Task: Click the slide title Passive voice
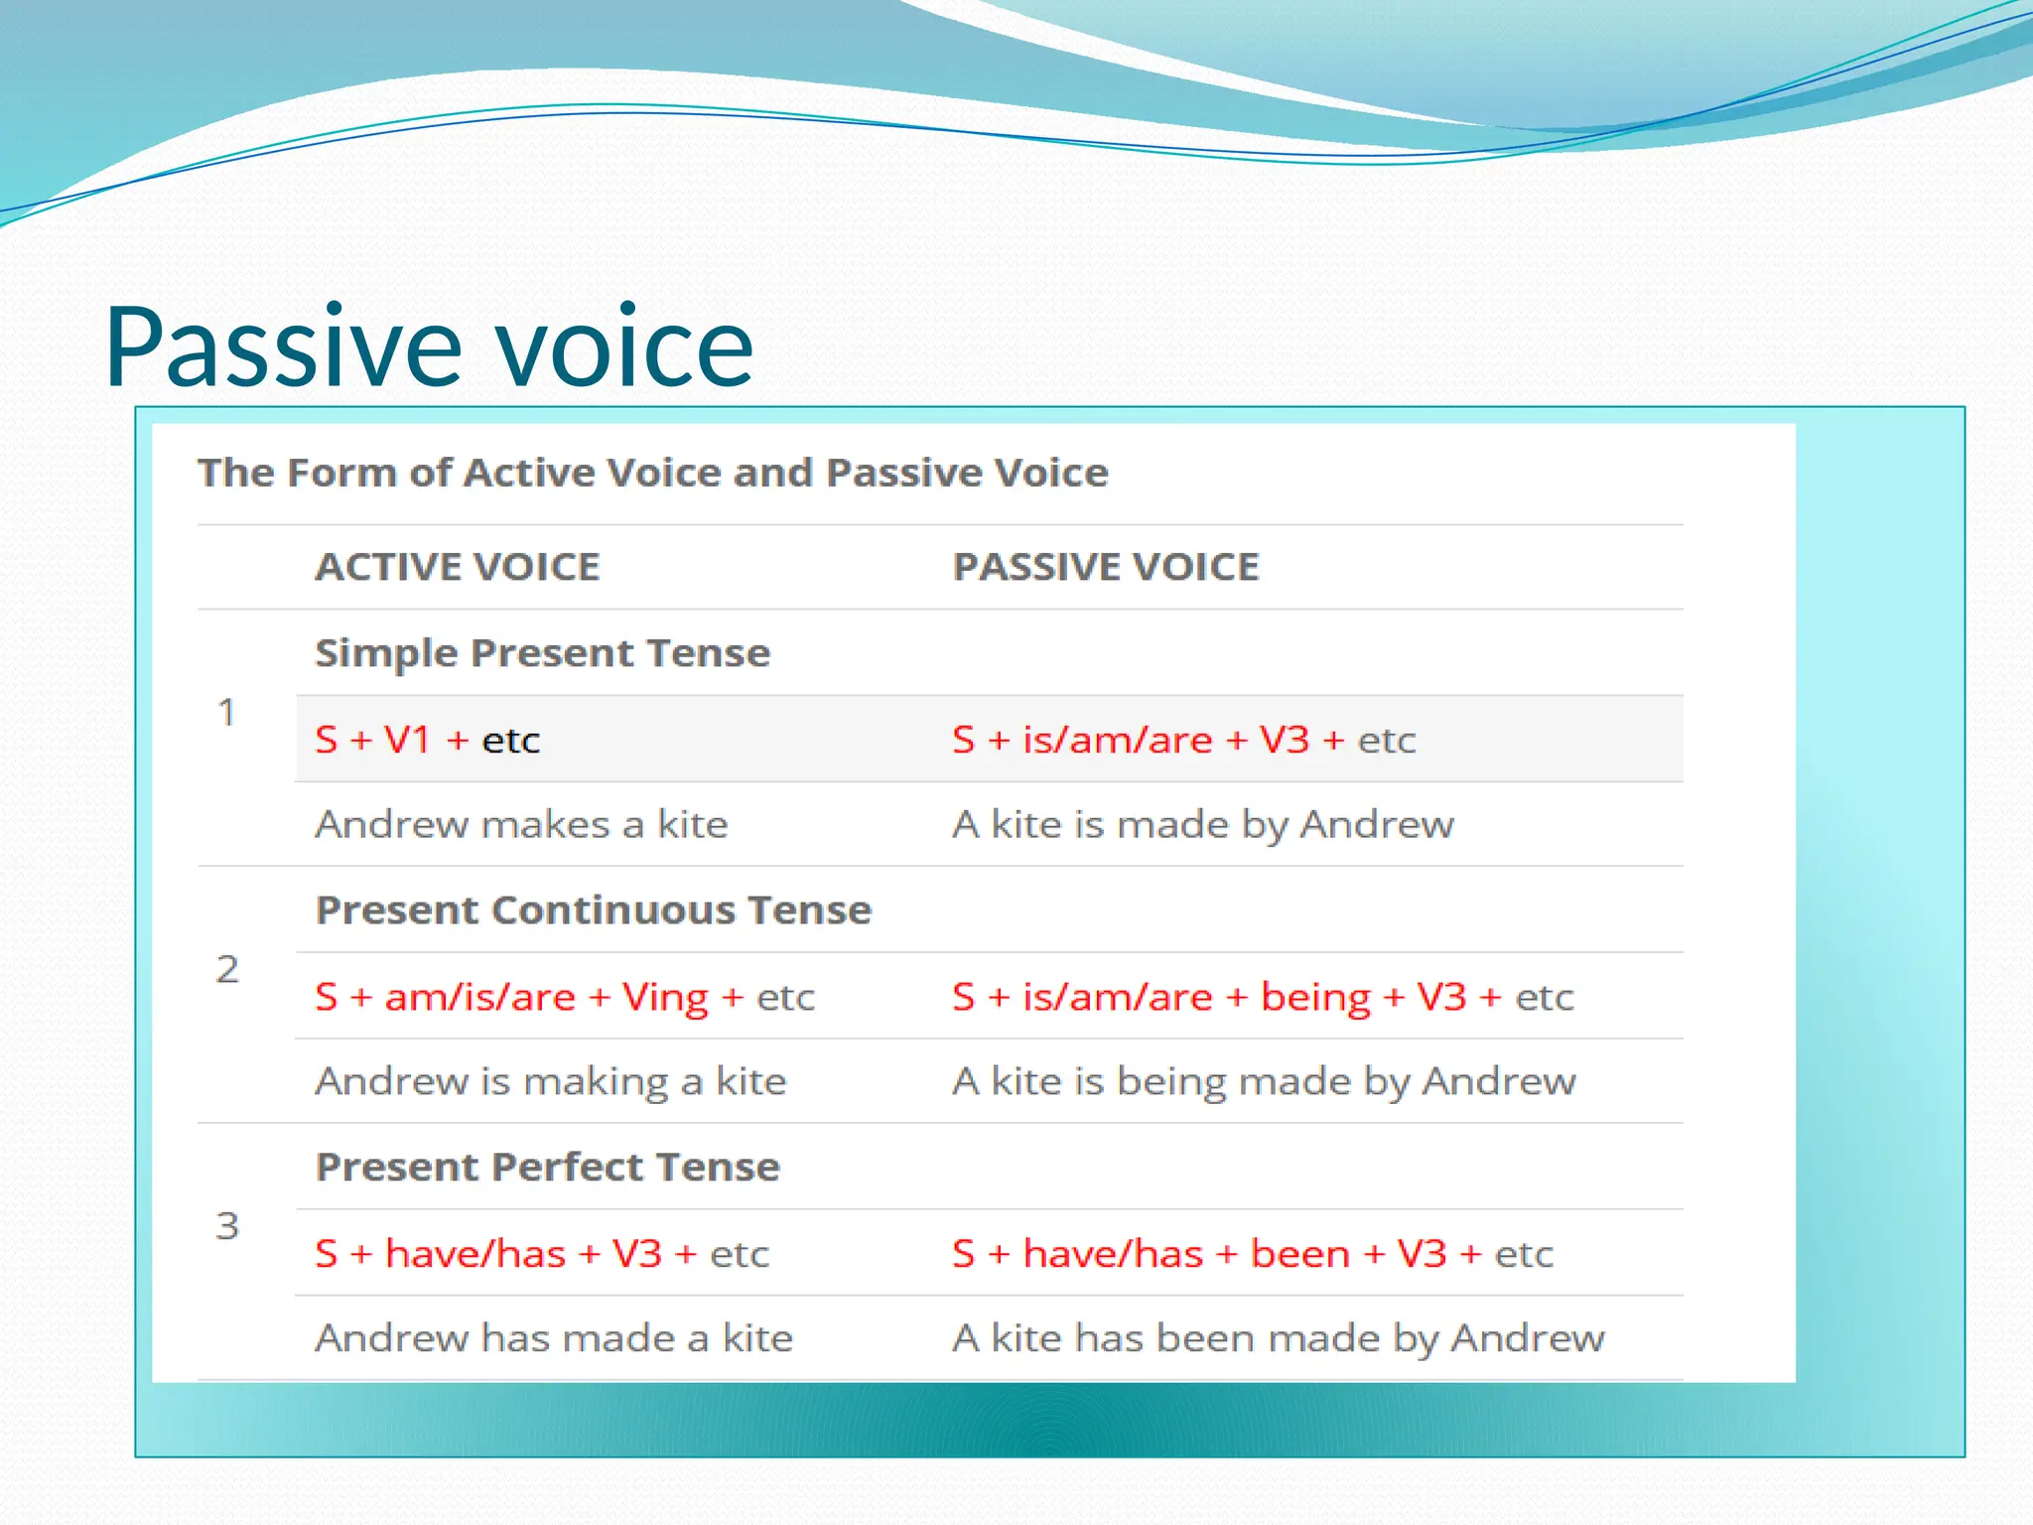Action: (x=429, y=347)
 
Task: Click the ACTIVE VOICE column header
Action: (x=458, y=567)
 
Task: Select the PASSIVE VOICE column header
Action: (x=1106, y=567)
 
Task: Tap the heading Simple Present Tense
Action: (x=542, y=653)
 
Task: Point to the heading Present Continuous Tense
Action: (x=593, y=910)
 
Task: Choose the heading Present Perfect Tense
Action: (x=547, y=1168)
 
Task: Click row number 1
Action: (x=227, y=713)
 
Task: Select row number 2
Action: (x=227, y=969)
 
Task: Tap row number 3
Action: (x=227, y=1226)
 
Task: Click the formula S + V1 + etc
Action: (x=427, y=741)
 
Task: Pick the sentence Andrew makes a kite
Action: (x=521, y=825)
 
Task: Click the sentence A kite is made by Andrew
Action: (x=1202, y=825)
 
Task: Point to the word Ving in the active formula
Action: (x=665, y=998)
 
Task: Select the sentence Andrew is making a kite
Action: (x=550, y=1081)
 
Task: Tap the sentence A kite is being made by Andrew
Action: (x=1263, y=1081)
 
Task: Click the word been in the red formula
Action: (x=1299, y=1254)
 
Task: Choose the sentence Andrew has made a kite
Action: (x=554, y=1338)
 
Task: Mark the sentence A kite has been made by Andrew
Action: (x=1278, y=1338)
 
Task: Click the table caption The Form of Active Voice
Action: (x=652, y=473)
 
